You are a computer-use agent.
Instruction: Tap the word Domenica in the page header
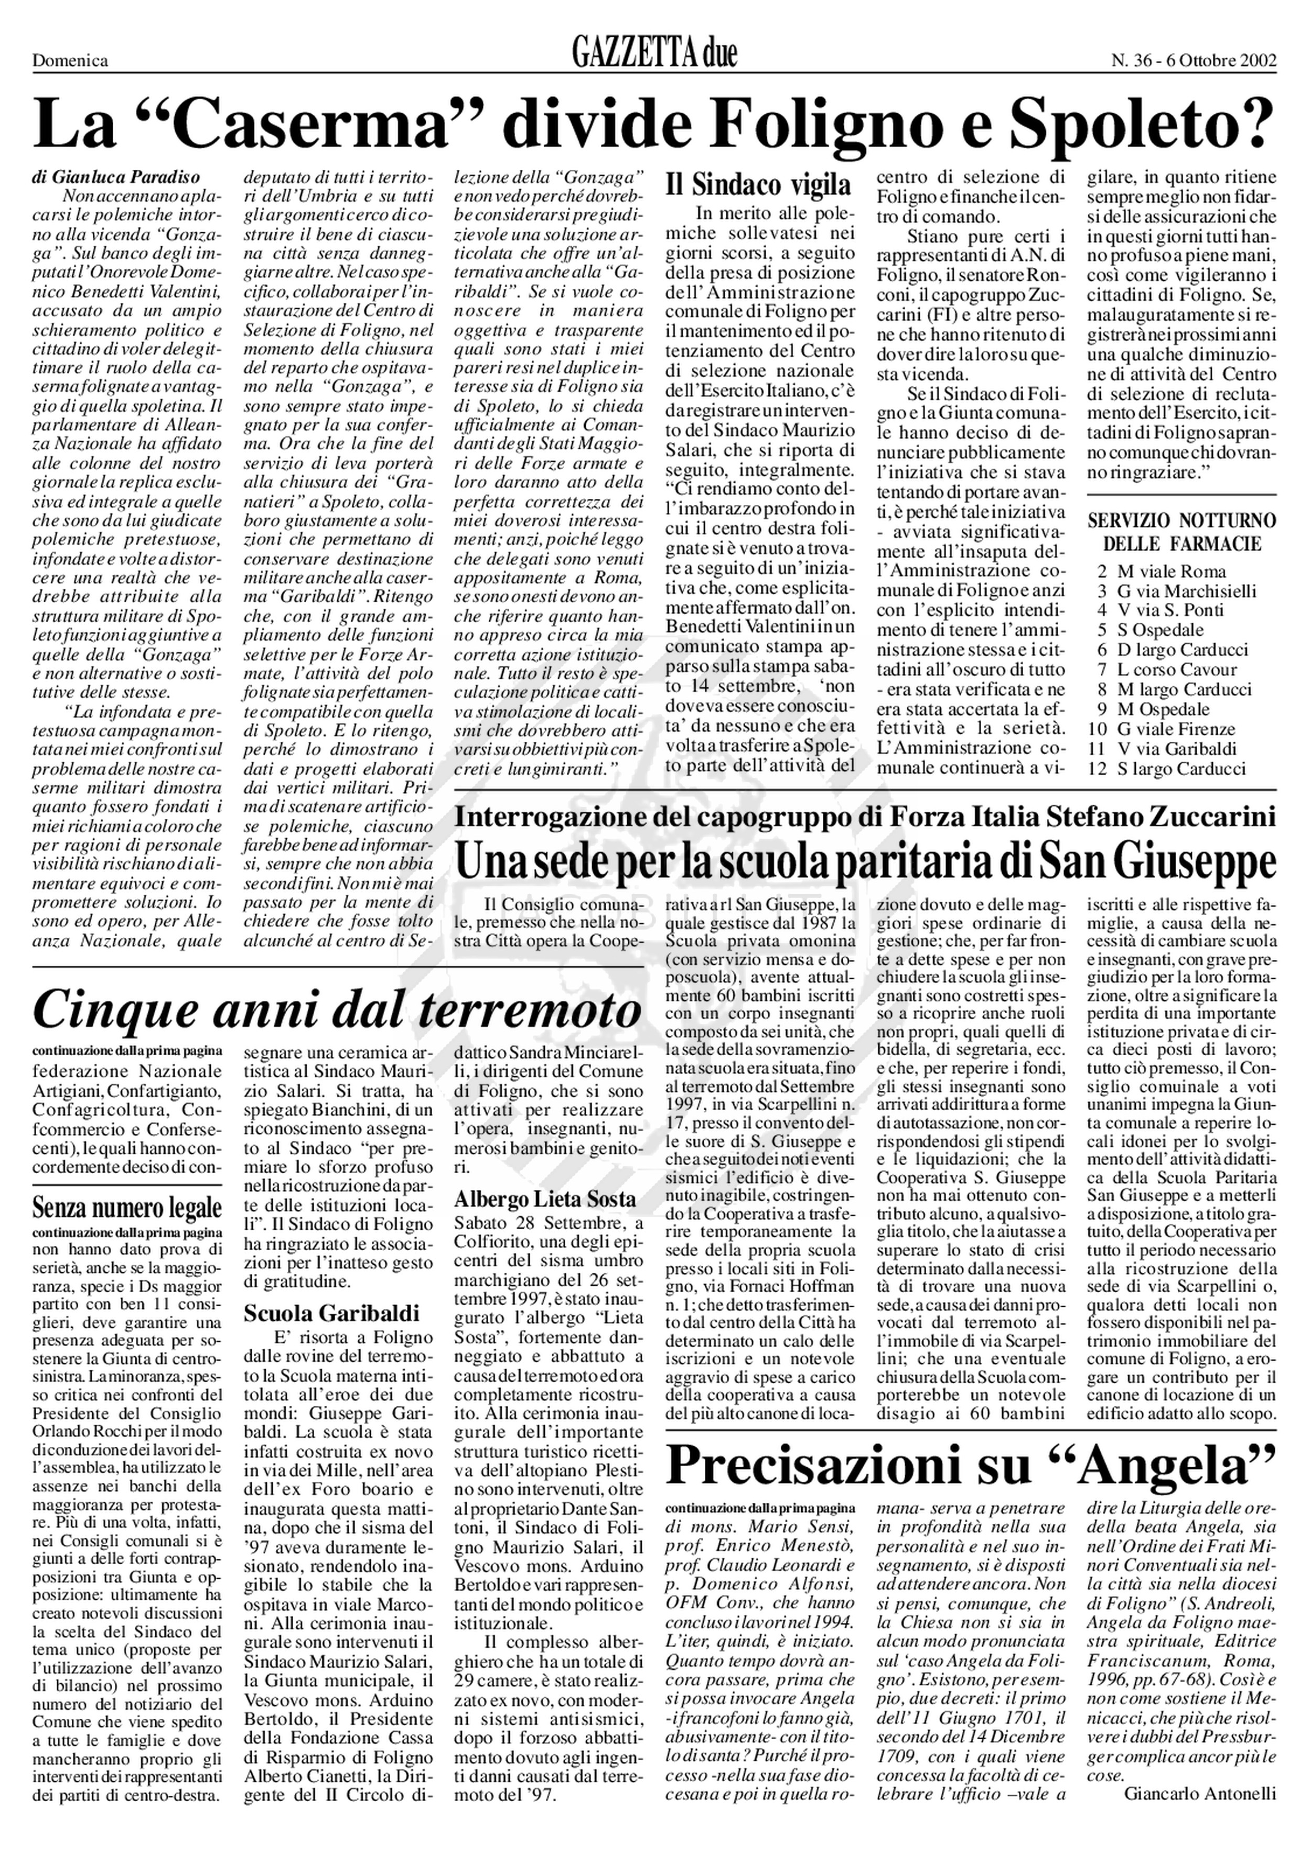point(70,60)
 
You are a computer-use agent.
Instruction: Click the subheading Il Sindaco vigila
point(758,185)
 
